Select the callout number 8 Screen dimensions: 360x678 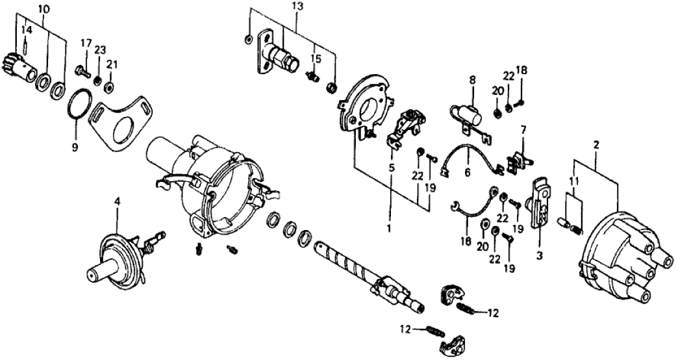coord(472,81)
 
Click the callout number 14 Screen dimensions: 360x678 coord(25,30)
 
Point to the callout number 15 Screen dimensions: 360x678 coord(316,59)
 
